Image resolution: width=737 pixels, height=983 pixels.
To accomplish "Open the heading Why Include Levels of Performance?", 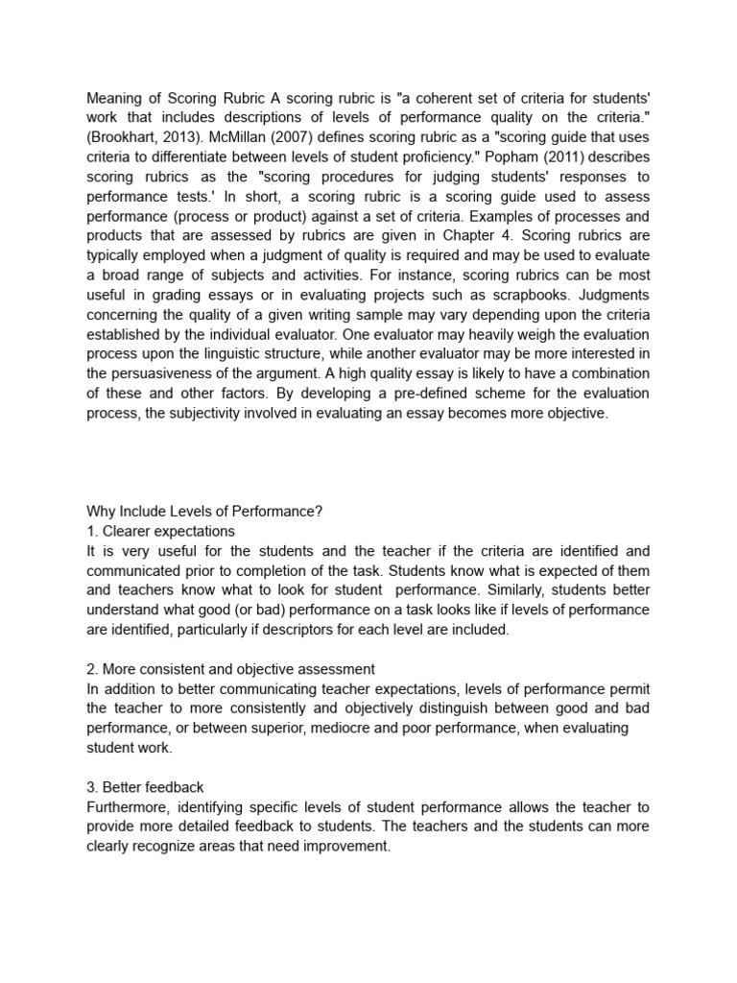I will (x=204, y=512).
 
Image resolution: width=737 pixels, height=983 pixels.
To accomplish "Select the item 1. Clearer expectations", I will (x=160, y=531).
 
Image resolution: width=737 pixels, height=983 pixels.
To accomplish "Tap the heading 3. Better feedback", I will (x=145, y=787).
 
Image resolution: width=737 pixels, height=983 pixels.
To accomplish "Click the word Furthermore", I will (x=131, y=806).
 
